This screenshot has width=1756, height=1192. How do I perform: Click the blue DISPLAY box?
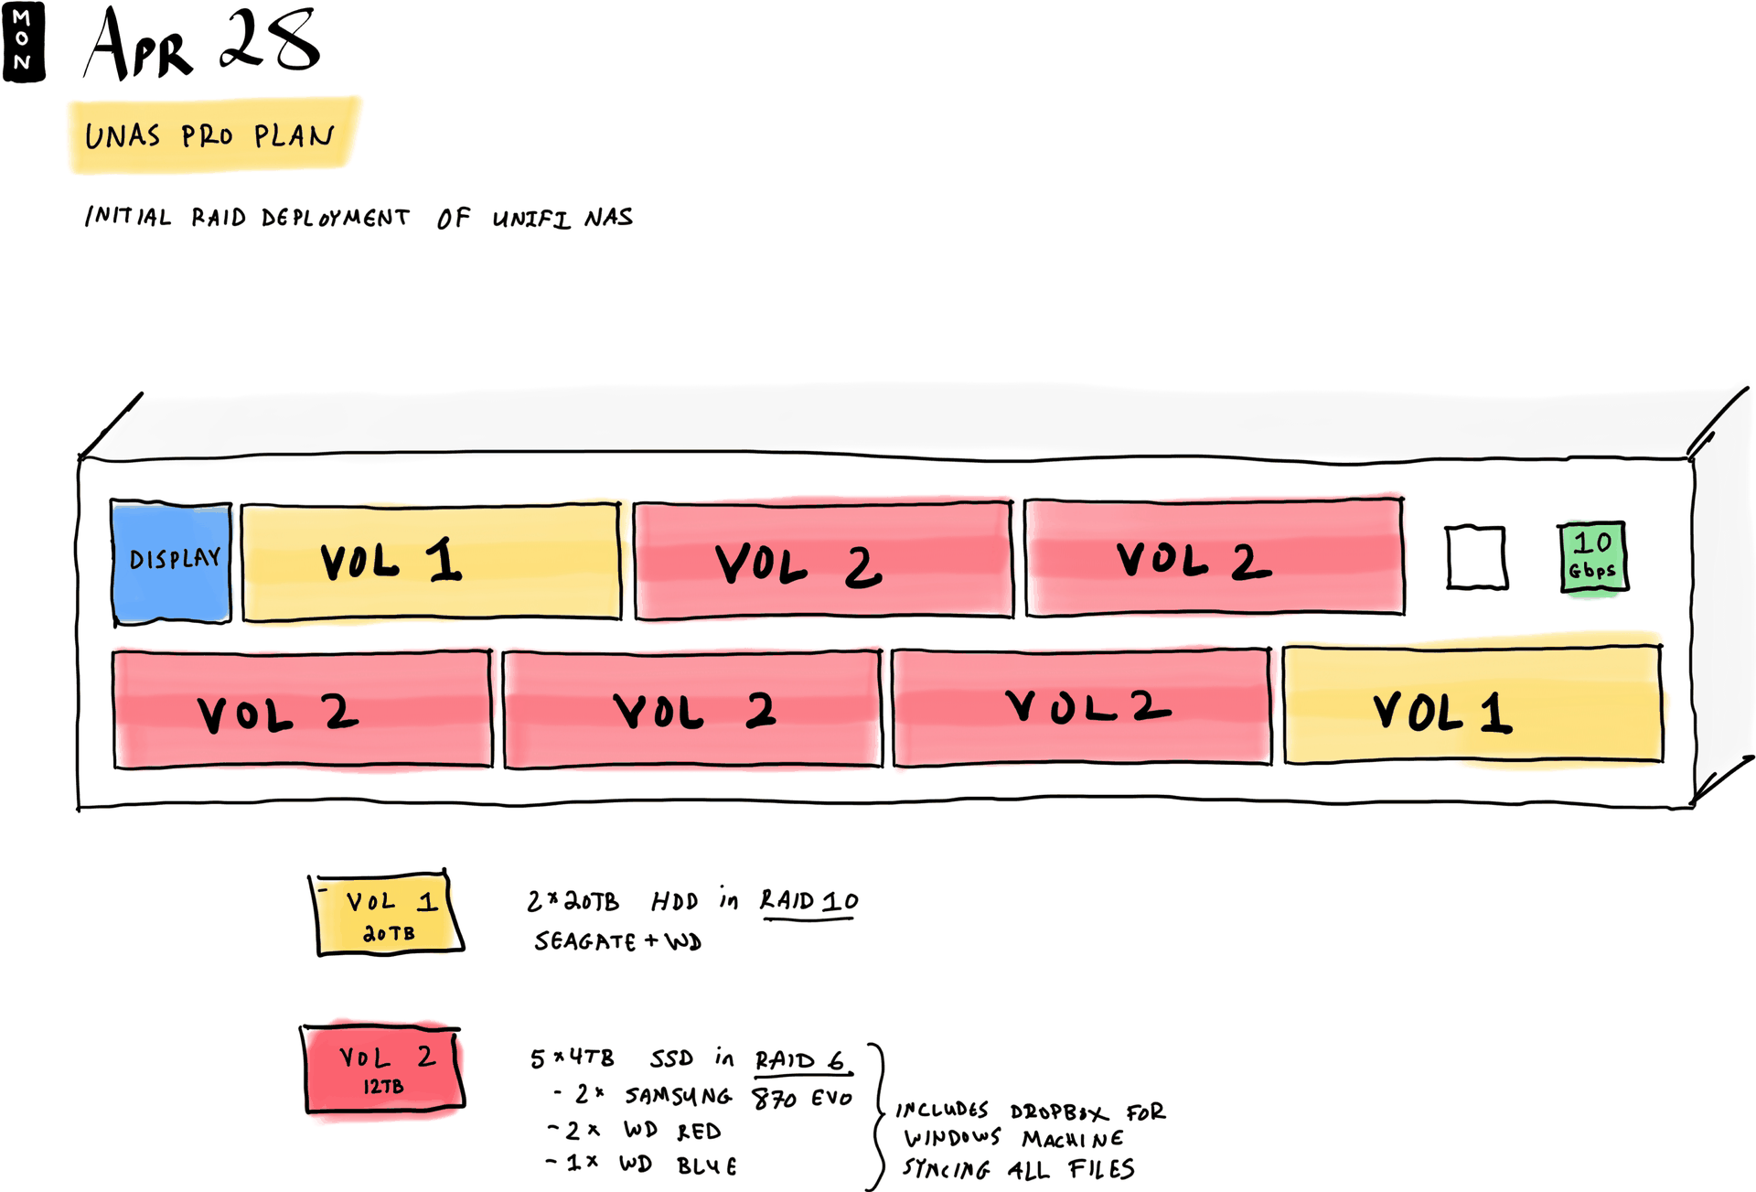[x=171, y=562]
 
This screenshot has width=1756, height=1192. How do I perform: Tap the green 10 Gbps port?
[x=1593, y=556]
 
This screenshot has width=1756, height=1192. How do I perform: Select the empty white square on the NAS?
[x=1476, y=557]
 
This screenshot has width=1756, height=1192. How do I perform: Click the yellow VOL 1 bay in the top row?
[x=431, y=562]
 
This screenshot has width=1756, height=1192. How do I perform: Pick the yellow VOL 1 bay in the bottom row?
[x=1472, y=704]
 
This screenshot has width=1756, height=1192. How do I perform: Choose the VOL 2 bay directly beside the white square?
[x=1214, y=557]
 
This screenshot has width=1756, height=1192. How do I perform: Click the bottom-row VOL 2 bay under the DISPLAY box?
[x=302, y=709]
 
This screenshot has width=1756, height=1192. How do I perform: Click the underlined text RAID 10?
[x=809, y=902]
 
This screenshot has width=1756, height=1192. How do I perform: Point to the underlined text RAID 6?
[x=800, y=1060]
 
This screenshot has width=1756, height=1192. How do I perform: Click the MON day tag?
[x=23, y=41]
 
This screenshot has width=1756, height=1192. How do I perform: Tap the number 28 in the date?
[x=270, y=41]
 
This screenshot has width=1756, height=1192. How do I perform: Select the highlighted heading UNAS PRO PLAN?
[x=210, y=136]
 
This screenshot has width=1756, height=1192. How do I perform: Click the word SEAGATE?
[x=585, y=941]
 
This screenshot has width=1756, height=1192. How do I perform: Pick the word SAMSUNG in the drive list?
[x=678, y=1096]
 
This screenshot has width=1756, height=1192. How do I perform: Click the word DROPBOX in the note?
[x=1059, y=1112]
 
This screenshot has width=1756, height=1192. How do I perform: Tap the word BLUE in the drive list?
[x=707, y=1166]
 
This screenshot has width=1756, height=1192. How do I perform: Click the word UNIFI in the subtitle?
[x=531, y=219]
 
